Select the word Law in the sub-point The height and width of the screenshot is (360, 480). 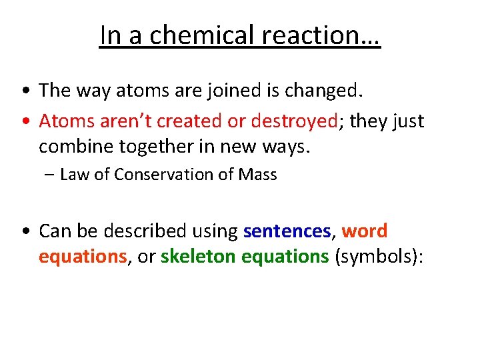(x=73, y=175)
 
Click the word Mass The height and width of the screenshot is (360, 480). (x=259, y=175)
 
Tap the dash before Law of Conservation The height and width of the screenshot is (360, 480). (x=51, y=175)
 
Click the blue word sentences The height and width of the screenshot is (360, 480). (x=287, y=231)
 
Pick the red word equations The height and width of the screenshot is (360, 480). (x=82, y=257)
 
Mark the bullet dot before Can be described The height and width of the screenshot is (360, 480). (x=25, y=231)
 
